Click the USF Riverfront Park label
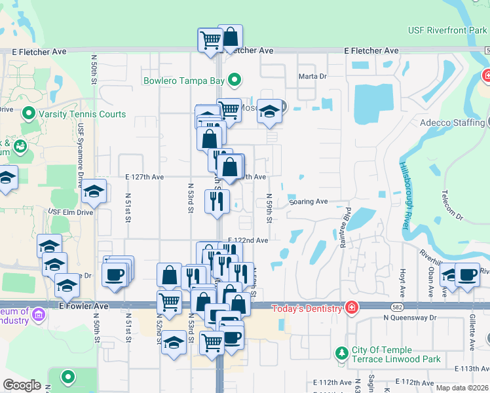click(447, 30)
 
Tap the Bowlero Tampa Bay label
click(184, 81)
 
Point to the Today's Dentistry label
click(308, 308)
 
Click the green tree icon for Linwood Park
click(341, 354)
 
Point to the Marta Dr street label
click(312, 77)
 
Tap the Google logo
click(22, 385)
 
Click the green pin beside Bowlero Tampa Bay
click(232, 81)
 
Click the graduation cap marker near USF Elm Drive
click(94, 191)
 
